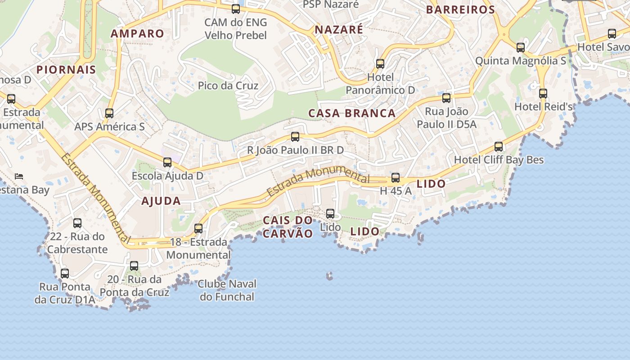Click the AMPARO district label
pyautogui.click(x=137, y=34)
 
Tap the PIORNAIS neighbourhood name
pyautogui.click(x=66, y=70)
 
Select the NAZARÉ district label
pyautogui.click(x=338, y=30)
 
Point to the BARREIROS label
pyautogui.click(x=460, y=9)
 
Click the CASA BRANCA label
pyautogui.click(x=352, y=113)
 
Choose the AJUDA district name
pyautogui.click(x=161, y=201)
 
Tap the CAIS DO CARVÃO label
pyautogui.click(x=288, y=227)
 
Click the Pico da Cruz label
pyautogui.click(x=228, y=85)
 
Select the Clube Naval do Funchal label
pyautogui.click(x=227, y=290)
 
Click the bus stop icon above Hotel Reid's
pyautogui.click(x=543, y=94)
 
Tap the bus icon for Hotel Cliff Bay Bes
pyautogui.click(x=499, y=147)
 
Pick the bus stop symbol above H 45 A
pyautogui.click(x=396, y=178)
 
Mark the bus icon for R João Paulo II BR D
pyautogui.click(x=295, y=137)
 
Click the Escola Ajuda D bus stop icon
pyautogui.click(x=167, y=162)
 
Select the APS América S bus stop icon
pyautogui.click(x=109, y=113)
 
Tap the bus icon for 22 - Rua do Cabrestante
pyautogui.click(x=77, y=223)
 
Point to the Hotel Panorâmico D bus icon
pyautogui.click(x=380, y=64)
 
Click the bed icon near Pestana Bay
pyautogui.click(x=19, y=176)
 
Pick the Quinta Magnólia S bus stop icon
pyautogui.click(x=521, y=48)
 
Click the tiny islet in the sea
pyautogui.click(x=330, y=275)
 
